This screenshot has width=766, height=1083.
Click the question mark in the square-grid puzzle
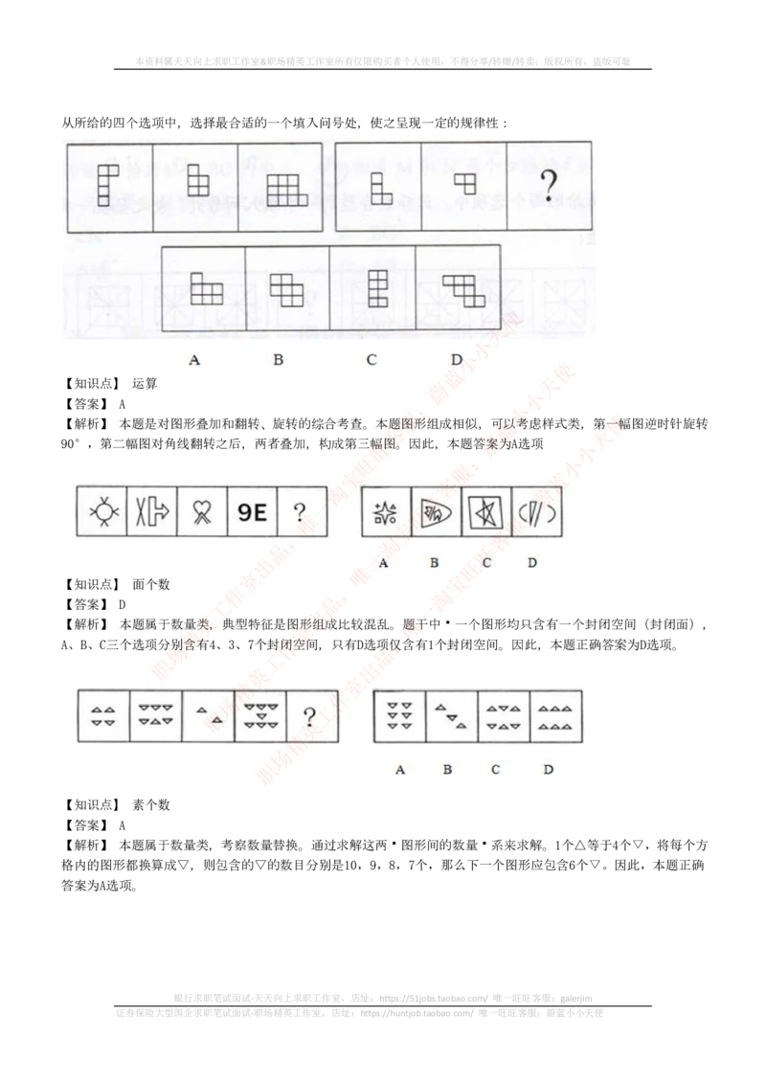point(549,186)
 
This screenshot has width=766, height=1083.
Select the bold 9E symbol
point(253,511)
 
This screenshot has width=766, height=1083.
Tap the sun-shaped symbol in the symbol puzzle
point(103,511)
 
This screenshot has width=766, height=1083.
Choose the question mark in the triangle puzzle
point(309,716)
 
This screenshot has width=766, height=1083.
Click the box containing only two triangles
point(208,714)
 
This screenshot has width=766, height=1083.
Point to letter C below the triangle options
point(495,769)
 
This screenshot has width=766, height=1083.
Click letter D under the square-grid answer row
point(457,360)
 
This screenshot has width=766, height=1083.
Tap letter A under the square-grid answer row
point(195,360)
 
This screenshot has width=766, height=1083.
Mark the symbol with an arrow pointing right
point(153,511)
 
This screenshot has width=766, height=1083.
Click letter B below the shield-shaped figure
point(434,563)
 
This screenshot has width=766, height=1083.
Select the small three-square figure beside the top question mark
point(464,181)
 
